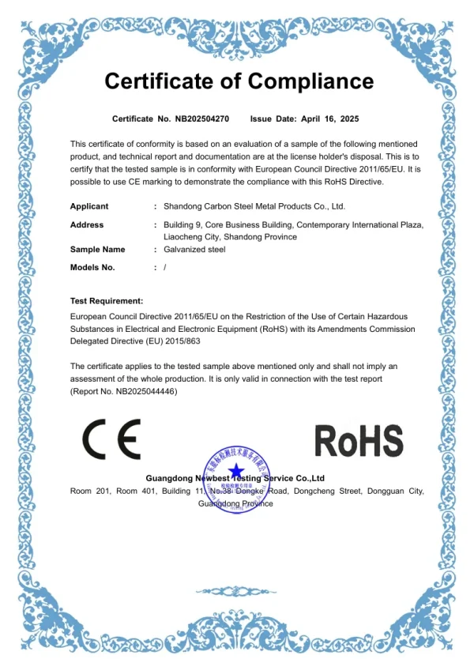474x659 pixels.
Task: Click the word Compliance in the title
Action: pyautogui.click(x=310, y=81)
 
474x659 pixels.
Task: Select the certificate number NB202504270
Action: pyautogui.click(x=201, y=119)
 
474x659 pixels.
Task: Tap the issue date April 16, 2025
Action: pyautogui.click(x=330, y=119)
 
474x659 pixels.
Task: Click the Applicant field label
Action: pyautogui.click(x=89, y=206)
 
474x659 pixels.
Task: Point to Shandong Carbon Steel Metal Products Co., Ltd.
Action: pyautogui.click(x=254, y=206)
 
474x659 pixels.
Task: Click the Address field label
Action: pyautogui.click(x=87, y=224)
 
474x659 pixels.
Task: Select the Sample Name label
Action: pyautogui.click(x=98, y=250)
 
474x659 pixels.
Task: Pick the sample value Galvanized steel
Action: pyautogui.click(x=194, y=250)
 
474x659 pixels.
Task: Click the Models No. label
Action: pyautogui.click(x=92, y=267)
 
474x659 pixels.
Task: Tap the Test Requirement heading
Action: pyautogui.click(x=107, y=301)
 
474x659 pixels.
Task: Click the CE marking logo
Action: pyautogui.click(x=111, y=440)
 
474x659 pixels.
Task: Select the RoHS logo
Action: pyautogui.click(x=359, y=440)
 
